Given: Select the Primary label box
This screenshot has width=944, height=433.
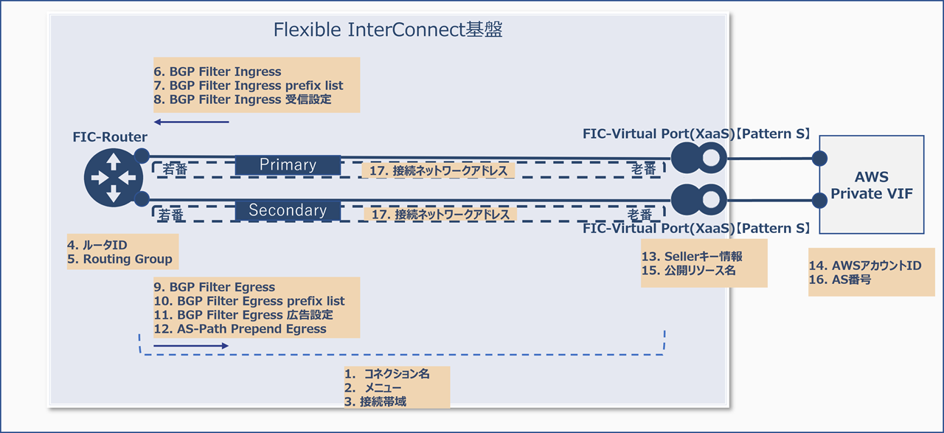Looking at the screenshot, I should point(288,165).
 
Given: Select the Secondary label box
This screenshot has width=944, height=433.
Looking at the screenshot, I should point(288,210).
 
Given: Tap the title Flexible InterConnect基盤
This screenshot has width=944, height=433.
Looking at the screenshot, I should point(388,30).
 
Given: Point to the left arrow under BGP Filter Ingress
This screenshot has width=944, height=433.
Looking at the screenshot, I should point(192,122).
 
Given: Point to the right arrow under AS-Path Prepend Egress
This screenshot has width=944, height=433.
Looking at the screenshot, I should point(192,344).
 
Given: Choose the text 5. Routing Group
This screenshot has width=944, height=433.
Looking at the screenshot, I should point(119,259).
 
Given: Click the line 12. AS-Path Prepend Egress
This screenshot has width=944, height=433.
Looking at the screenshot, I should point(240,329).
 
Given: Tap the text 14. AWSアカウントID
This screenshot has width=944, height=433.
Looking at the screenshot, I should point(865,266).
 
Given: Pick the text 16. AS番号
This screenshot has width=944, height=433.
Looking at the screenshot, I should point(841,280).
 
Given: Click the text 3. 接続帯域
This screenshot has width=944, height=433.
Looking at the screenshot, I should point(375,401).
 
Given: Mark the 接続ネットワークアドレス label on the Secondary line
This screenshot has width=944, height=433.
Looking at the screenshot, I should point(441,215).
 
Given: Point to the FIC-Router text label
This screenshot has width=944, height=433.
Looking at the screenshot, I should point(110,137).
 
